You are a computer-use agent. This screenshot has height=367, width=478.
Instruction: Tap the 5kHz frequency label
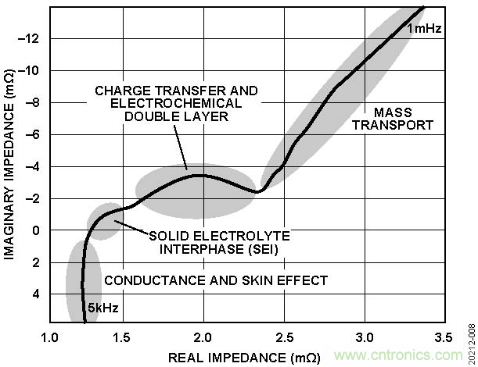tap(102, 308)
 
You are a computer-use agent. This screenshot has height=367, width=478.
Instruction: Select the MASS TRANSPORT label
tap(403, 118)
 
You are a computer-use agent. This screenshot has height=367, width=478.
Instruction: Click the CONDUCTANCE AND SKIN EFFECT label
tap(216, 280)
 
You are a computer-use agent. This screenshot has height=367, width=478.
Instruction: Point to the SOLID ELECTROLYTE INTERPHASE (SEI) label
tap(219, 242)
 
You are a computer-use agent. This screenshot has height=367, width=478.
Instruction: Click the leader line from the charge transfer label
tap(181, 148)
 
